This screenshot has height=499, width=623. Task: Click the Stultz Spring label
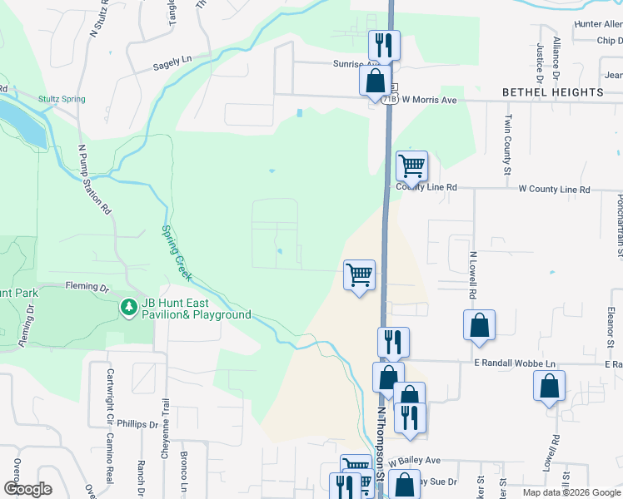[x=62, y=99]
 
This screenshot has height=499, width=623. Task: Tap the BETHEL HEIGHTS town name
[x=553, y=91]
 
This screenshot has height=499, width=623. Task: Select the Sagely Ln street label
[x=172, y=60]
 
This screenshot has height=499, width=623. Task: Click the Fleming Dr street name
[x=87, y=288]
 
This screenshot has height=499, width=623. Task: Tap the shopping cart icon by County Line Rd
[x=411, y=166]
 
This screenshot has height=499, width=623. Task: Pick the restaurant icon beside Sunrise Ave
[x=385, y=44]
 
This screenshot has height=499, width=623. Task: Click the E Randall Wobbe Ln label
[x=515, y=364]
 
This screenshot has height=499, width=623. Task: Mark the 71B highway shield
[x=390, y=99]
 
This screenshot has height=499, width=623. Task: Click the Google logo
[x=27, y=489]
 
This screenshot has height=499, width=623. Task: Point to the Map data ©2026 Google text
[x=571, y=492]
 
